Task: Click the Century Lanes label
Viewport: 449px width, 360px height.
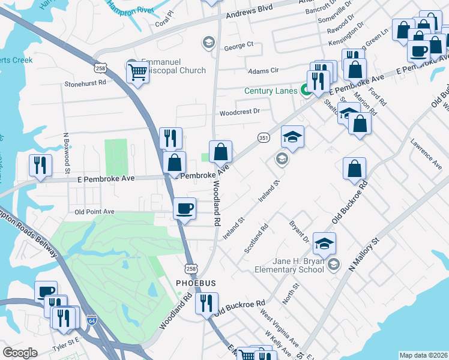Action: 271,91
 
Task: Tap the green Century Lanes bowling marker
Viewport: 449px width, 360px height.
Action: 305,91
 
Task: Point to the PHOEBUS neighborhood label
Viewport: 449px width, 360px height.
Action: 195,282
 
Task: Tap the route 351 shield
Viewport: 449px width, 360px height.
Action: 263,137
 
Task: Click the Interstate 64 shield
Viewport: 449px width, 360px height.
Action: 91,320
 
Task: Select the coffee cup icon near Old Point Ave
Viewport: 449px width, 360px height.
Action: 184,210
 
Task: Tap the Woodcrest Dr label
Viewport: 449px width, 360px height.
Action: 239,112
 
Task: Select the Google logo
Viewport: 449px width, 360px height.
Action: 20,352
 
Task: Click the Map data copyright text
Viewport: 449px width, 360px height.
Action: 423,355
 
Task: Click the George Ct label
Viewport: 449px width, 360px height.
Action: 239,45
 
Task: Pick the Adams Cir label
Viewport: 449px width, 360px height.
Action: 264,71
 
